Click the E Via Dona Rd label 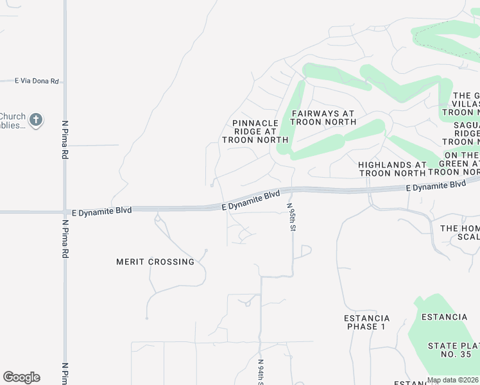(x=37, y=81)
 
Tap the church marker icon (x=36, y=120)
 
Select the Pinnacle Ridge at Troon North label (x=255, y=131)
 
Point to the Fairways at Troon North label (x=323, y=117)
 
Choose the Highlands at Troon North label (x=392, y=169)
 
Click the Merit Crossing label (x=155, y=262)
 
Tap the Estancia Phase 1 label (x=367, y=322)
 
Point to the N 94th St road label (x=261, y=372)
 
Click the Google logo (x=21, y=377)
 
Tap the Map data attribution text (x=452, y=380)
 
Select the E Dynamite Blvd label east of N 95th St (x=436, y=185)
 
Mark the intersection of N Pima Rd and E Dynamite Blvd (x=65, y=211)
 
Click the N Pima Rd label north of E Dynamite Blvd (x=65, y=140)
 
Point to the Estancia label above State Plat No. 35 (x=444, y=317)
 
